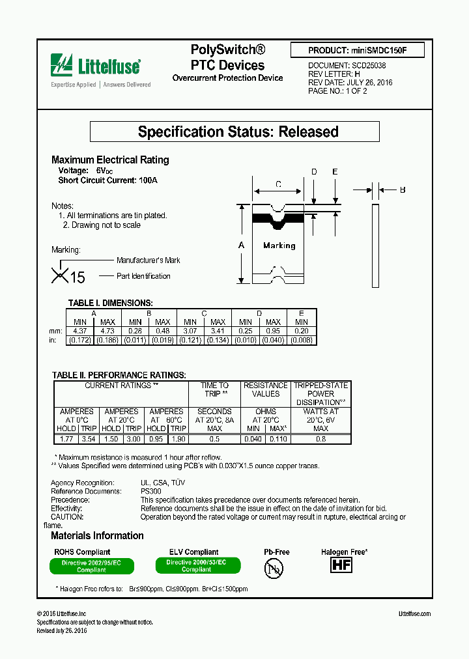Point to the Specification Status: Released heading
[238, 132]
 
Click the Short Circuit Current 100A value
[148, 180]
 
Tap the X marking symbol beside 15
[59, 275]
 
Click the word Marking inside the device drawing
[279, 245]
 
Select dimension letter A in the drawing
[242, 245]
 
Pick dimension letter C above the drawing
[278, 184]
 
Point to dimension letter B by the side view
[402, 190]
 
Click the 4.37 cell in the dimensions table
[80, 331]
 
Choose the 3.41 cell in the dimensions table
[218, 331]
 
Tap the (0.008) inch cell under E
[302, 340]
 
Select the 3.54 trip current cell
[88, 439]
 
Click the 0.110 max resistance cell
[278, 439]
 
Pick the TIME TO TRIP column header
[214, 389]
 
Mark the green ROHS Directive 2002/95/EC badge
[92, 566]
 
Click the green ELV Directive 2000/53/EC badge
[197, 566]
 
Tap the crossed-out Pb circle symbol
[274, 568]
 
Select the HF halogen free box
[341, 565]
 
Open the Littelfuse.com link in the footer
[414, 613]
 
